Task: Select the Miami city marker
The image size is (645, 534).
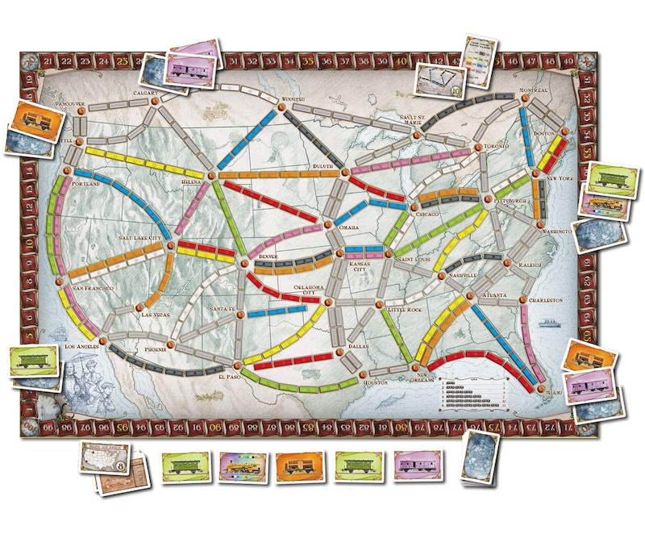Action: click(539, 389)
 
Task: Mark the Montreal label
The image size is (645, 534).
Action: click(532, 90)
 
